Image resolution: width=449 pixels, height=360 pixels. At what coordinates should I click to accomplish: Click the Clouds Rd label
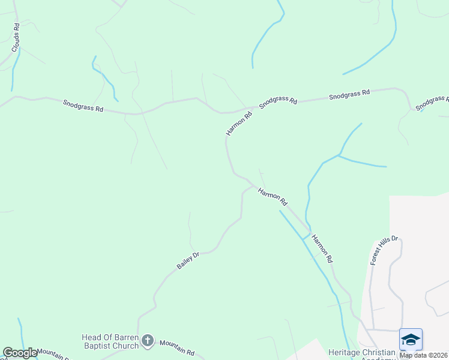click(x=17, y=37)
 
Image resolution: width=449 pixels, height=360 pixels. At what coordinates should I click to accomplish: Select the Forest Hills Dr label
click(x=384, y=251)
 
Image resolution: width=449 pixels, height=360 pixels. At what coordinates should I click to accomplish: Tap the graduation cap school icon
click(x=411, y=340)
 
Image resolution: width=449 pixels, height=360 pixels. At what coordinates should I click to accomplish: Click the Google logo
click(x=20, y=353)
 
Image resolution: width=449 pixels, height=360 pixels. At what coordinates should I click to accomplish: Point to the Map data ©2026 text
click(x=424, y=355)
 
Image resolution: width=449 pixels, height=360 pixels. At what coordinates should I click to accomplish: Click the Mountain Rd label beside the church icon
click(x=177, y=348)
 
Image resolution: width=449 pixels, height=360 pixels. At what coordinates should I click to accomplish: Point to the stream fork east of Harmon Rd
click(x=339, y=155)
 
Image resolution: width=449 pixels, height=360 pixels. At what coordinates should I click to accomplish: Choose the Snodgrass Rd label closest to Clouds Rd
click(x=83, y=107)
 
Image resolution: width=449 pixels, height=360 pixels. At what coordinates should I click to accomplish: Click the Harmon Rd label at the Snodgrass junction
click(x=239, y=122)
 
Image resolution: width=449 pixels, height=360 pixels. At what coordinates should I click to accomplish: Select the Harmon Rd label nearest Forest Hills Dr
click(x=321, y=248)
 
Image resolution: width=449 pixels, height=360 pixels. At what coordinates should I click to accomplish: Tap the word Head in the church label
click(x=92, y=337)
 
